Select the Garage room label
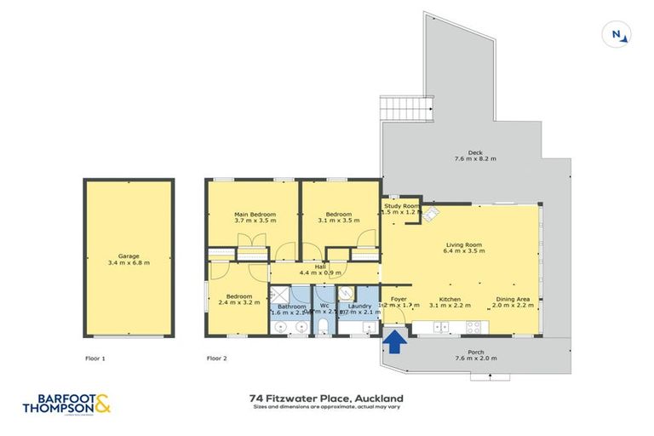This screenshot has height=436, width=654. (129, 259)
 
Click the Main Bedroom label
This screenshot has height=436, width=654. (251, 216)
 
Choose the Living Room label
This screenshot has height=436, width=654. (464, 248)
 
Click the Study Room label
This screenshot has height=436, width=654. (402, 209)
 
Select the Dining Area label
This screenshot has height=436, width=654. (513, 301)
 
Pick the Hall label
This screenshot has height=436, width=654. (320, 269)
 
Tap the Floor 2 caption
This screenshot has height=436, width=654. (217, 359)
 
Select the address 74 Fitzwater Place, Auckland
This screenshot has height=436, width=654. (326, 398)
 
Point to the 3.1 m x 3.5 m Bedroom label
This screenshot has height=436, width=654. (338, 216)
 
